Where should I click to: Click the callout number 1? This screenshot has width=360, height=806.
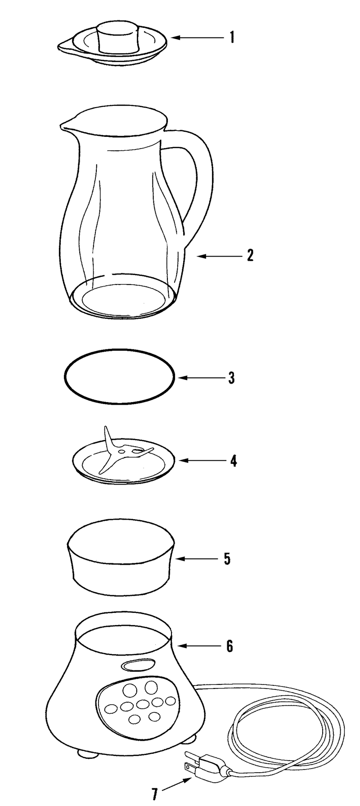pyautogui.click(x=232, y=37)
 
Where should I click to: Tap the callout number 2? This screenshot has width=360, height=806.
pyautogui.click(x=250, y=256)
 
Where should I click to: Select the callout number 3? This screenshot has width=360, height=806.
pyautogui.click(x=231, y=377)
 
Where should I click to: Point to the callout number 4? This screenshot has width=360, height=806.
pyautogui.click(x=233, y=461)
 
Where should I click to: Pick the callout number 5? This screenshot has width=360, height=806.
pyautogui.click(x=227, y=559)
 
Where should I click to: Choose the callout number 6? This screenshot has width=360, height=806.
pyautogui.click(x=229, y=646)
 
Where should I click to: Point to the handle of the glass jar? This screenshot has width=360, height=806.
pyautogui.click(x=198, y=180)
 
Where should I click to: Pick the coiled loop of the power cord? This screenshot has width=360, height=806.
pyautogui.click(x=288, y=729)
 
